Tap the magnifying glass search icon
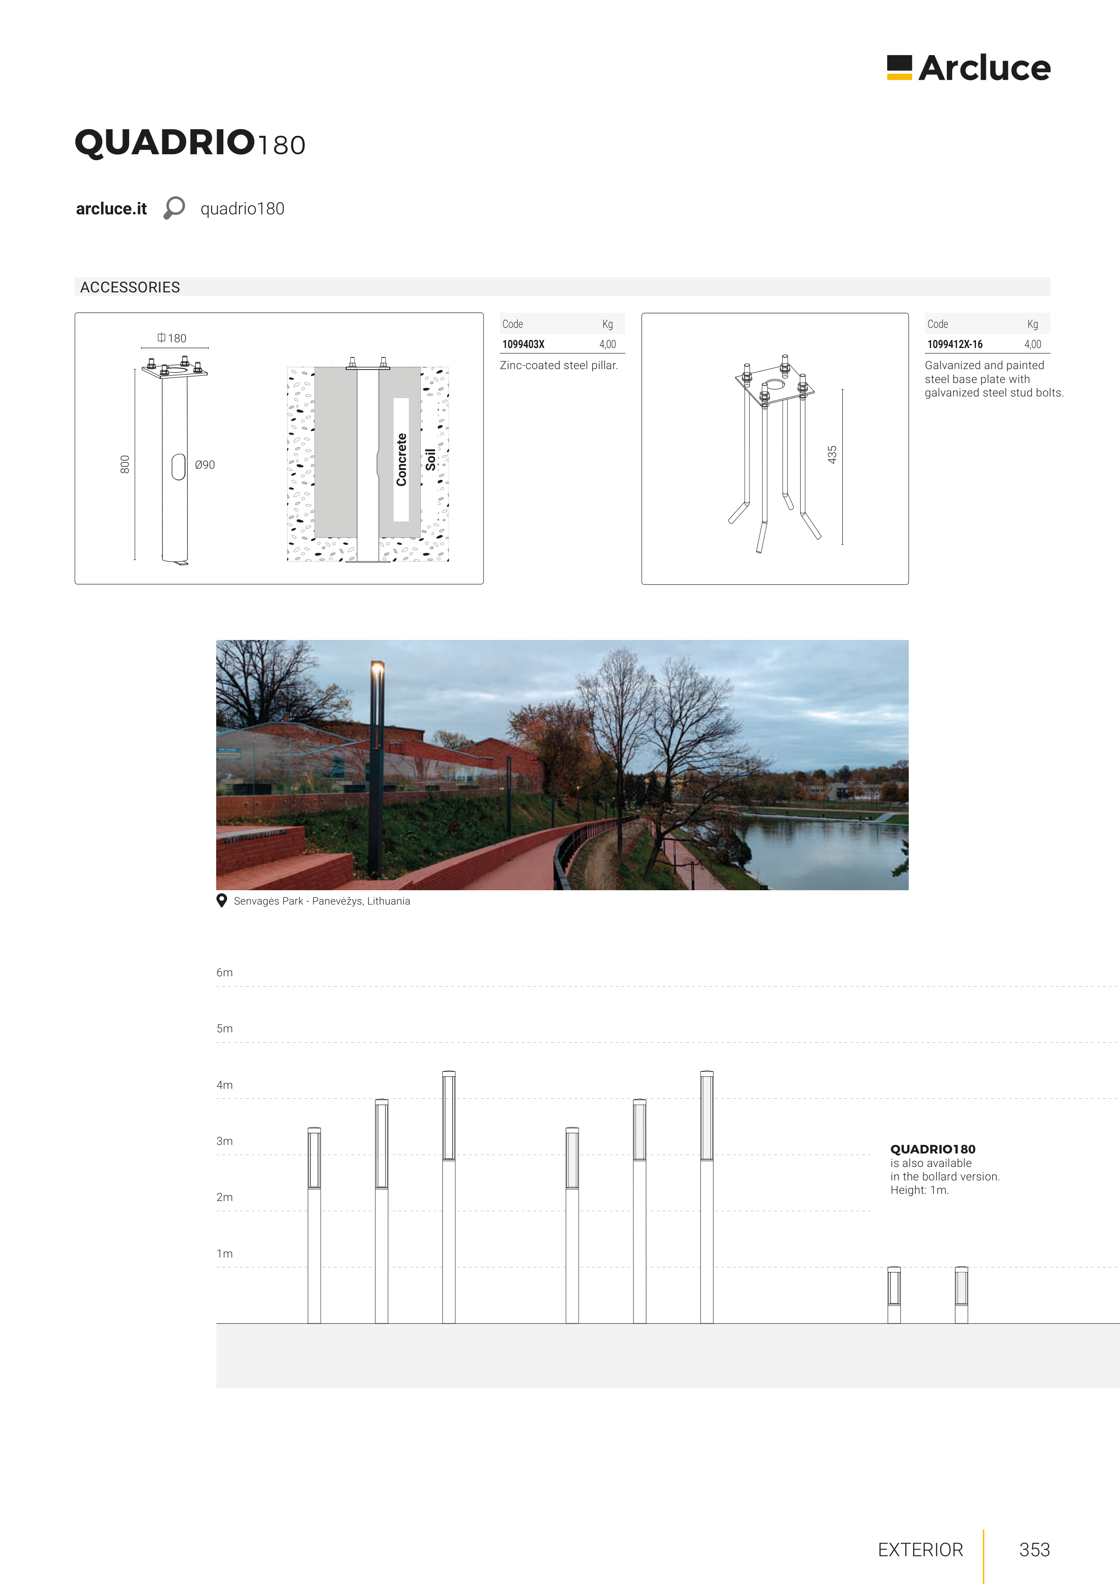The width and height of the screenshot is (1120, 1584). tap(174, 208)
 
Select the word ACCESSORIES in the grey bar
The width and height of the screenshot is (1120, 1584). tap(130, 287)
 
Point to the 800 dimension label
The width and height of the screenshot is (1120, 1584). tap(125, 464)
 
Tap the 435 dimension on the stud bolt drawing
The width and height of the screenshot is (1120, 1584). tap(832, 454)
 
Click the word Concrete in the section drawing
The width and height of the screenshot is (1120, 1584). tap(401, 460)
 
